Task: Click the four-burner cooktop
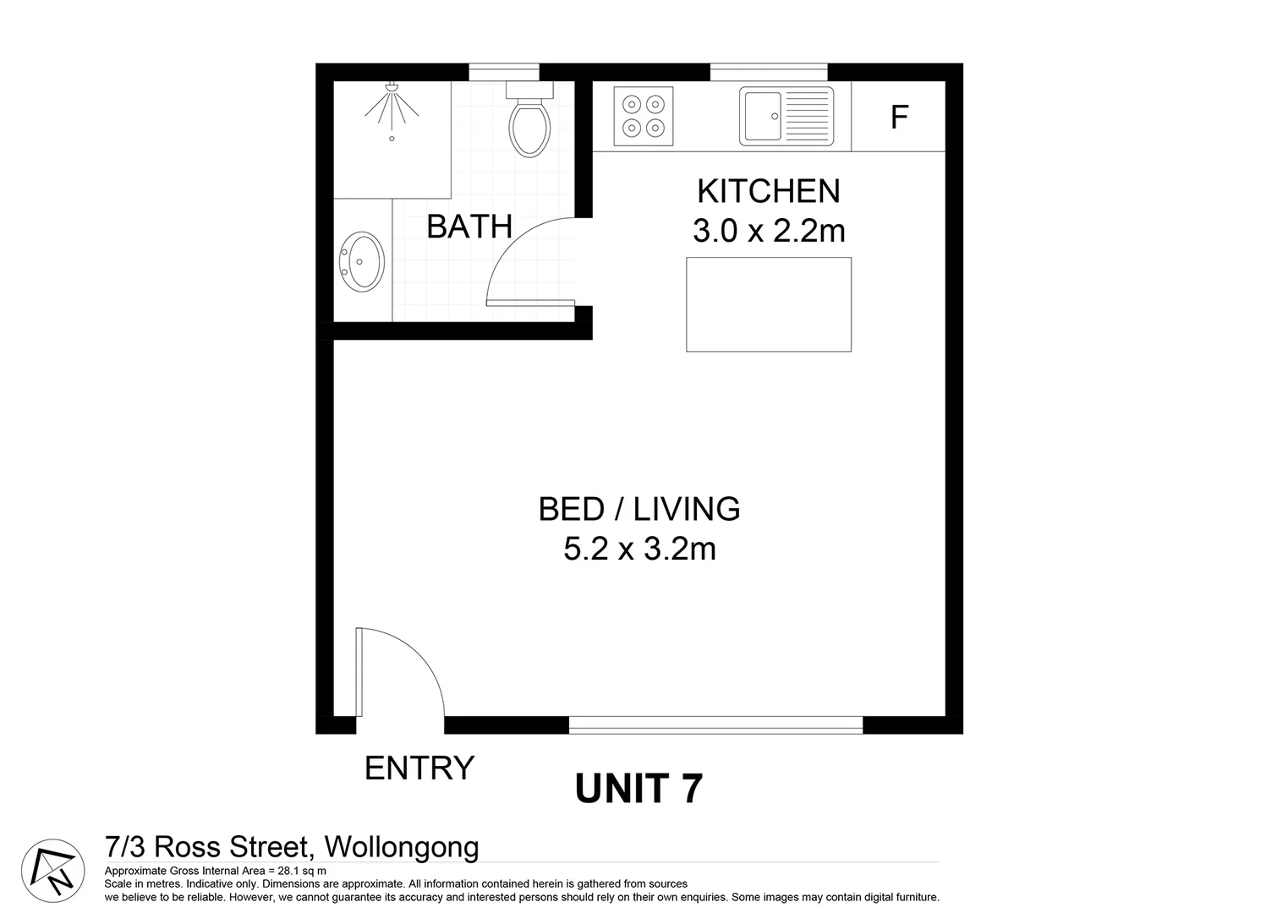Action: tap(643, 116)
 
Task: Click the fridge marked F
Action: tap(898, 117)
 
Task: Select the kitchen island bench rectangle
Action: tap(768, 304)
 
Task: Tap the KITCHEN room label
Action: tap(768, 192)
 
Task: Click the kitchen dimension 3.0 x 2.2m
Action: tap(768, 231)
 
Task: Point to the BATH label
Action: tap(469, 227)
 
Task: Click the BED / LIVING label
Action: tap(639, 509)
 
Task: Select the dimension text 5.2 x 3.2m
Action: tap(639, 549)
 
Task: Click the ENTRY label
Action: tap(419, 768)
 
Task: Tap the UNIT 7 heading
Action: tap(638, 789)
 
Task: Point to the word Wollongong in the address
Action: tap(402, 846)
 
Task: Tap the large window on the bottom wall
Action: tap(715, 724)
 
